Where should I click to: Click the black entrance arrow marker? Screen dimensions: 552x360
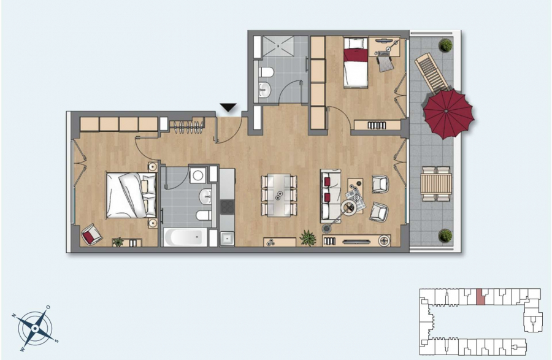click(x=228, y=107)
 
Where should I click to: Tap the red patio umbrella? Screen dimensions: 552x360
click(x=448, y=113)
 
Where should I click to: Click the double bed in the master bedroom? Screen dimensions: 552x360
click(x=131, y=195)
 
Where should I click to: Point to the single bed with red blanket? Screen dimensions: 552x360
click(x=356, y=63)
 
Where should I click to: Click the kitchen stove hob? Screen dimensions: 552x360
click(x=227, y=207)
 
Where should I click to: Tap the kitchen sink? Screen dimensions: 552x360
click(x=227, y=238)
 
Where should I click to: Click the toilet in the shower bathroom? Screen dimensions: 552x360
click(x=267, y=72)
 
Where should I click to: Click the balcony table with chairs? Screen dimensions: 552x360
click(x=436, y=183)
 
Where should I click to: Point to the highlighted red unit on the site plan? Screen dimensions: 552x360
click(x=480, y=297)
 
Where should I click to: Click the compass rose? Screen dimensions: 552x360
click(x=35, y=328)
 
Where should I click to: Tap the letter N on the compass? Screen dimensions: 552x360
click(x=15, y=315)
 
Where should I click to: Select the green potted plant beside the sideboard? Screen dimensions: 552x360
click(x=308, y=238)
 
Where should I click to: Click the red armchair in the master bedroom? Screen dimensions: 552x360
click(x=91, y=234)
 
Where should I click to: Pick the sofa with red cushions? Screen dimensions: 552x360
click(x=330, y=196)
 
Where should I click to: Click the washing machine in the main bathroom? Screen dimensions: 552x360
click(x=198, y=175)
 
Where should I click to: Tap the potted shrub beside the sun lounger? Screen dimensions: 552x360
click(x=445, y=45)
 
